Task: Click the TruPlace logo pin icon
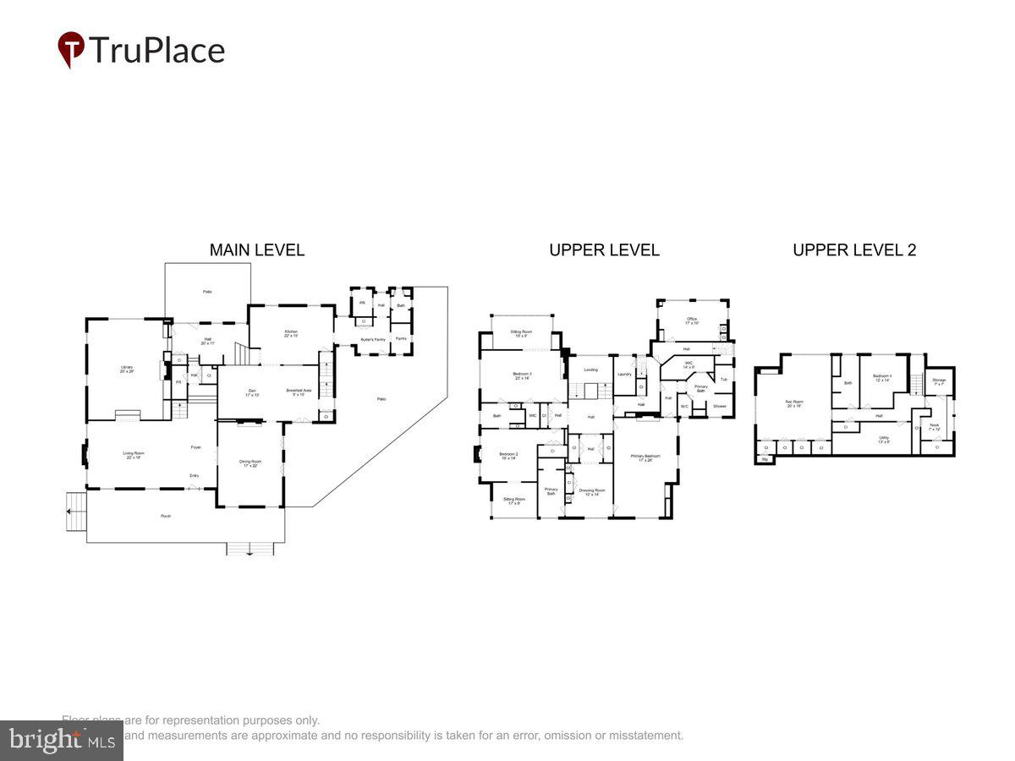pyautogui.click(x=71, y=49)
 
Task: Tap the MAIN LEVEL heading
pyautogui.click(x=256, y=249)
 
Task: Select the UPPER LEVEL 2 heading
pyautogui.click(x=854, y=249)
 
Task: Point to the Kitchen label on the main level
pyautogui.click(x=291, y=333)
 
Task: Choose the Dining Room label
pyautogui.click(x=250, y=463)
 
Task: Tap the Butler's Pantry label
pyautogui.click(x=374, y=339)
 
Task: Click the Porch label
pyautogui.click(x=166, y=515)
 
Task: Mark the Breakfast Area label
pyautogui.click(x=299, y=391)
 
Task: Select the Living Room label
pyautogui.click(x=134, y=455)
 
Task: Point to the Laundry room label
pyautogui.click(x=625, y=374)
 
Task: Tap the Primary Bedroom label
pyautogui.click(x=645, y=457)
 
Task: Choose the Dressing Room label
pyautogui.click(x=592, y=491)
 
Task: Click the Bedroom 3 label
pyautogui.click(x=522, y=375)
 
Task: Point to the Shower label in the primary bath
pyautogui.click(x=719, y=406)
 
